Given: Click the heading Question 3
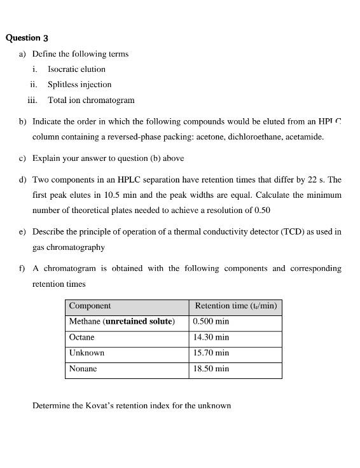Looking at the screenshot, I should point(27,38).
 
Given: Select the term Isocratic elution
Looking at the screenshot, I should point(76,69).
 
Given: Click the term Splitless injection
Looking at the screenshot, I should point(80,85).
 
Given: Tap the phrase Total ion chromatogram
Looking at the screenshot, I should point(91,100).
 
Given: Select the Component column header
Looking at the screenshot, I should point(90,306).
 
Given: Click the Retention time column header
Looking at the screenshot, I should point(235,306).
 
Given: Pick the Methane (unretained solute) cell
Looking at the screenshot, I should point(121,322).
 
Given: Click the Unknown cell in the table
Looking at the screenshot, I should point(87,353).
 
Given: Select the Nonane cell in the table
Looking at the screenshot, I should point(83,369).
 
